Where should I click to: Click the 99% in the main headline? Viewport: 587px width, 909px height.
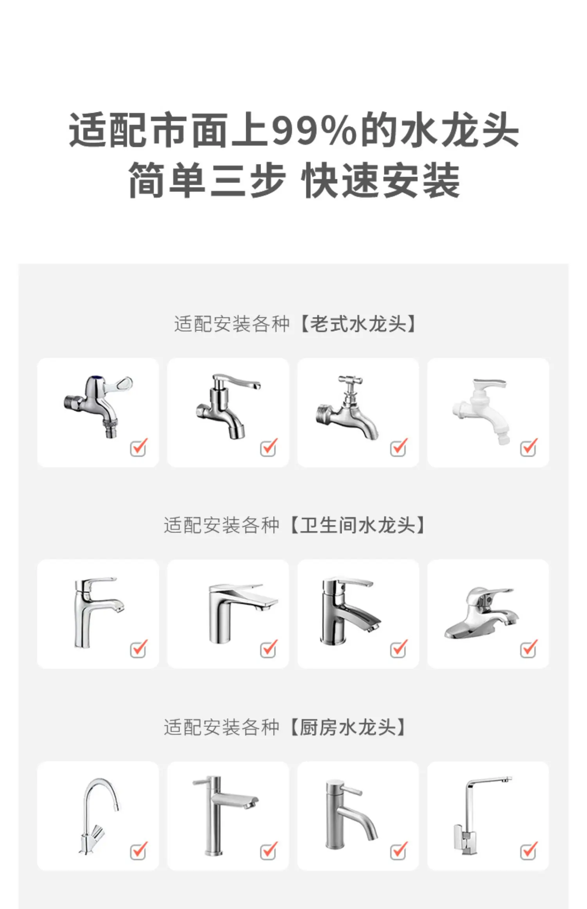[314, 130]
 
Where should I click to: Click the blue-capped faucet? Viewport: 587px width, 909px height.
[98, 406]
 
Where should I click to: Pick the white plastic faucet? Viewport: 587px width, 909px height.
[481, 411]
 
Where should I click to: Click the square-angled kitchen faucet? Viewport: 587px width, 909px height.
[481, 815]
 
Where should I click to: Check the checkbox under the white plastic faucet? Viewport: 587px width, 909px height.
[528, 447]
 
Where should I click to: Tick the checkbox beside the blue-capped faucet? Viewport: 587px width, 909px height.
[138, 447]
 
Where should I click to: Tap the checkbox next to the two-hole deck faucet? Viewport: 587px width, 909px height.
[528, 649]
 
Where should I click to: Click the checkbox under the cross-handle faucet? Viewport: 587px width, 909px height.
[398, 447]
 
